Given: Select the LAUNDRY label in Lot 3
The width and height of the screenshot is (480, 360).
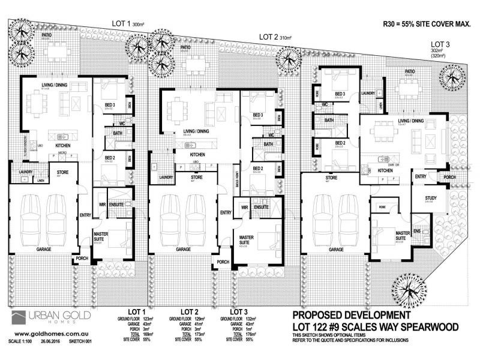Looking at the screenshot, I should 368,94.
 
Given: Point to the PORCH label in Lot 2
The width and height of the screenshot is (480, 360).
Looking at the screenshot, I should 223,262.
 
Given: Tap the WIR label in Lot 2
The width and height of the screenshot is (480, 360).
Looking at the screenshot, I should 244,208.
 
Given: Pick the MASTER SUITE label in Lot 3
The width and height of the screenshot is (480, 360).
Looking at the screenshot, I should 403,235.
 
